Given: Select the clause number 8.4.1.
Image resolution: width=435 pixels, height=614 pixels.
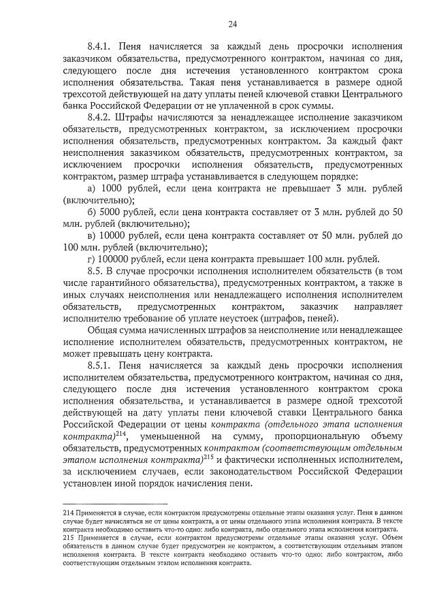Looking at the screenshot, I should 100,48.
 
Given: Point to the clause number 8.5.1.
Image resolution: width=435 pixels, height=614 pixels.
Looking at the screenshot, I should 100,366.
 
